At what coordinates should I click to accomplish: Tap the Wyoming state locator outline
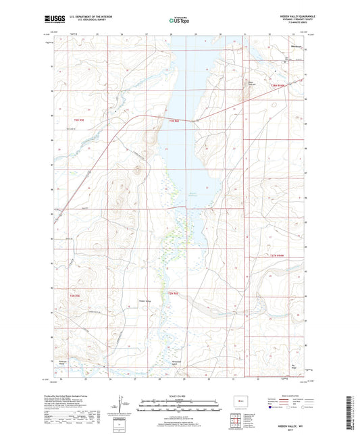(x=240, y=399)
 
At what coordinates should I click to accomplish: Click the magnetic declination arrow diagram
(x=124, y=406)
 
